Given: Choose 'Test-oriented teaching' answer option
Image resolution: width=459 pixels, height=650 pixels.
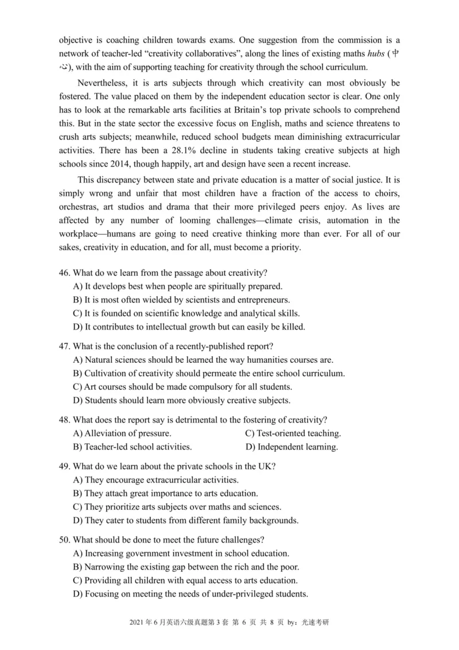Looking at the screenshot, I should click(293, 433).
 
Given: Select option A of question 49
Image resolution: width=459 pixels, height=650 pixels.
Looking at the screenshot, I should click(155, 479).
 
